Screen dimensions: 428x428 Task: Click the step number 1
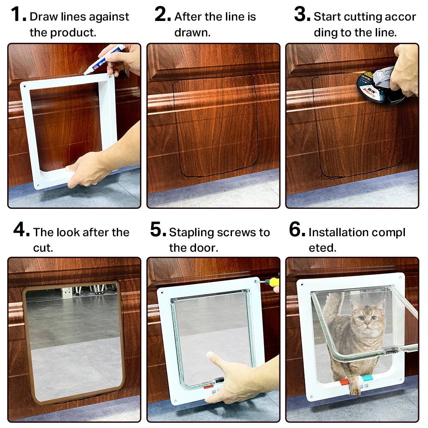18,15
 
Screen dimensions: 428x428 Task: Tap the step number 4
21,230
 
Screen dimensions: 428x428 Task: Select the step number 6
297,230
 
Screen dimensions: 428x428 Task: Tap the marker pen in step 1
104,59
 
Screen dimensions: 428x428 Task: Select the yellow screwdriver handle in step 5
272,282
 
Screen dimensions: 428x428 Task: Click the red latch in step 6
344,382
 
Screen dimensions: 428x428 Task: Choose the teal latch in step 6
367,378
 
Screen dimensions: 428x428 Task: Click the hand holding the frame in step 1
88,169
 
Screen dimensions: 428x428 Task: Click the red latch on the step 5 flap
208,386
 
